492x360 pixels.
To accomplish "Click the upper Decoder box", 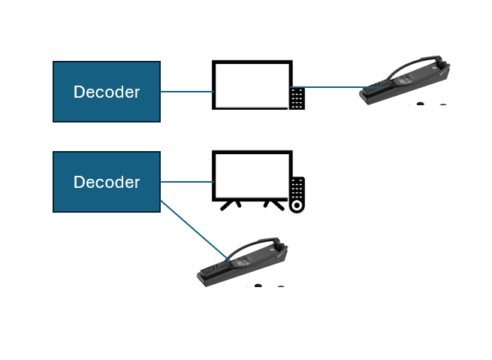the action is coord(107,92).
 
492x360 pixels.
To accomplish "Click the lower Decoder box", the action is coord(107,182).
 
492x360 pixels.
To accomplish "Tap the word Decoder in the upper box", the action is coord(107,92).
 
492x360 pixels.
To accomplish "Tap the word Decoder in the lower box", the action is coord(107,182).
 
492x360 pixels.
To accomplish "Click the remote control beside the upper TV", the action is coord(297,99).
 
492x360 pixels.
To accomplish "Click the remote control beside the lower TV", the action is coord(297,195).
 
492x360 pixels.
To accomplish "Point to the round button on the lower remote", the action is coord(297,206).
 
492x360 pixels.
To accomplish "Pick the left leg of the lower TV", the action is coord(231,206).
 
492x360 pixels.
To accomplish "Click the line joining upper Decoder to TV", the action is coord(187,92).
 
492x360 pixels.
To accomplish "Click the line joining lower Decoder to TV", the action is coord(187,182).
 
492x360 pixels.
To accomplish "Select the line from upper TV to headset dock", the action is coord(336,87).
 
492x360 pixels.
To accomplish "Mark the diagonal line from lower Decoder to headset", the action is coord(195,231).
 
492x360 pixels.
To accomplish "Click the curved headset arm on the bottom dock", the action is coord(248,246).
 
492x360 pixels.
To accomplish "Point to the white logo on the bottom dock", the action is coord(272,250).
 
